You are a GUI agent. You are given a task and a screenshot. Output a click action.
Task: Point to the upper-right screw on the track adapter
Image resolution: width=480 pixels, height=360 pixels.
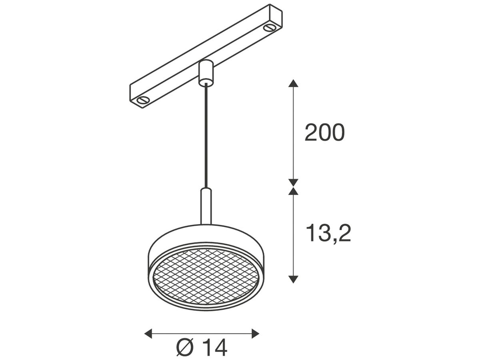269,28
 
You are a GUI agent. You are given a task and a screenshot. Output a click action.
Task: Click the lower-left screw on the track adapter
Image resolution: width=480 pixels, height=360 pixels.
142,100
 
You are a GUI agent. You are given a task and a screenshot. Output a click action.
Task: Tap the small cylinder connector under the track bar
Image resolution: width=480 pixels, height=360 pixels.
206,72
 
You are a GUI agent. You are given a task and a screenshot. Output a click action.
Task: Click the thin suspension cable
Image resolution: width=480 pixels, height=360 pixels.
206,136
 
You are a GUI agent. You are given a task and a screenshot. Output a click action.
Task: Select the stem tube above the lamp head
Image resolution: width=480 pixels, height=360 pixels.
206,206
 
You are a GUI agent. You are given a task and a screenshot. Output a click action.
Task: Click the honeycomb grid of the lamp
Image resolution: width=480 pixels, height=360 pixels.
206,276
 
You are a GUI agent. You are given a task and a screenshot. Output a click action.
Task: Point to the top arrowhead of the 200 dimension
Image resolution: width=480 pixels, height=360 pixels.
294,84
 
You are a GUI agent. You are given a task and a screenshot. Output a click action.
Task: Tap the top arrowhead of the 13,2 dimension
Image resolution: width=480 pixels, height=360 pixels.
294,191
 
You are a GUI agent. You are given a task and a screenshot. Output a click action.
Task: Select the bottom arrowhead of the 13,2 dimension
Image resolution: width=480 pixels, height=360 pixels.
294,279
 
